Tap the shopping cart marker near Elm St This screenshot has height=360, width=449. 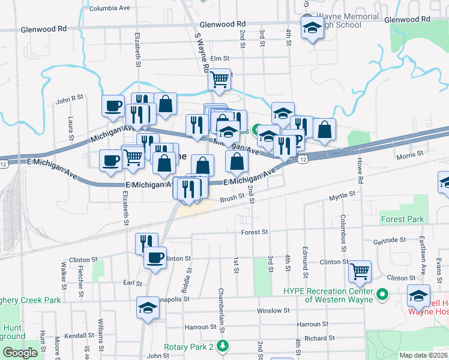pyautogui.click(x=220, y=78)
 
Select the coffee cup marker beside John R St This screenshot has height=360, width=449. pyautogui.click(x=113, y=106)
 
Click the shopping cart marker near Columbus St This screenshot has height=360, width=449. pyautogui.click(x=360, y=271)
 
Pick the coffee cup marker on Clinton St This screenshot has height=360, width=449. pyautogui.click(x=155, y=258)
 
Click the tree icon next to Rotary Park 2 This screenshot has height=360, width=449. pyautogui.click(x=223, y=347)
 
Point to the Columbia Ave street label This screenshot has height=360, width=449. pyautogui.click(x=109, y=9)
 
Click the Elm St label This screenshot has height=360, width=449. pyautogui.click(x=220, y=58)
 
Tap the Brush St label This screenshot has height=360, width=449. pyautogui.click(x=232, y=196)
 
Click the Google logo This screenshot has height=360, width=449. pyautogui.click(x=20, y=353)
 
